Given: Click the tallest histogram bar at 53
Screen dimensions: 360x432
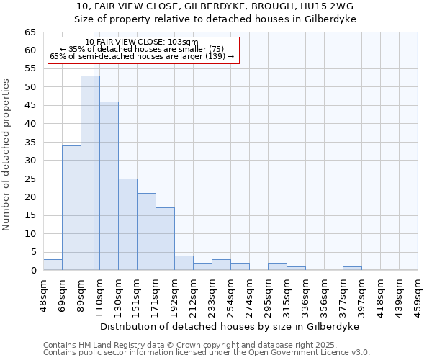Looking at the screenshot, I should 90,173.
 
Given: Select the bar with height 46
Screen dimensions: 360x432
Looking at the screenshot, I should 109,186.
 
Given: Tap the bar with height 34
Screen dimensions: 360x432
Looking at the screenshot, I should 71,207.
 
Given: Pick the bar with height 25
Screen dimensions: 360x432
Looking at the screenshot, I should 127,224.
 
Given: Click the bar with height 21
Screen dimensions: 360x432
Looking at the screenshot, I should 146,231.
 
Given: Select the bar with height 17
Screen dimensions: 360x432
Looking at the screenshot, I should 165,239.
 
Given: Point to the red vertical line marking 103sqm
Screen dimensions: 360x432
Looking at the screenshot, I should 94,166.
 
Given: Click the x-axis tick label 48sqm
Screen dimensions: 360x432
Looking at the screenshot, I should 44,294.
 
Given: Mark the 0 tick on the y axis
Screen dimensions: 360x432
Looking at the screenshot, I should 33,271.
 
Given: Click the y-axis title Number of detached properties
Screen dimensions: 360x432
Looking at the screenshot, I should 6,155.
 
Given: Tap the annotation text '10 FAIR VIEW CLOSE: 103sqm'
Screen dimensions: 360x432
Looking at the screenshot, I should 142,42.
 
